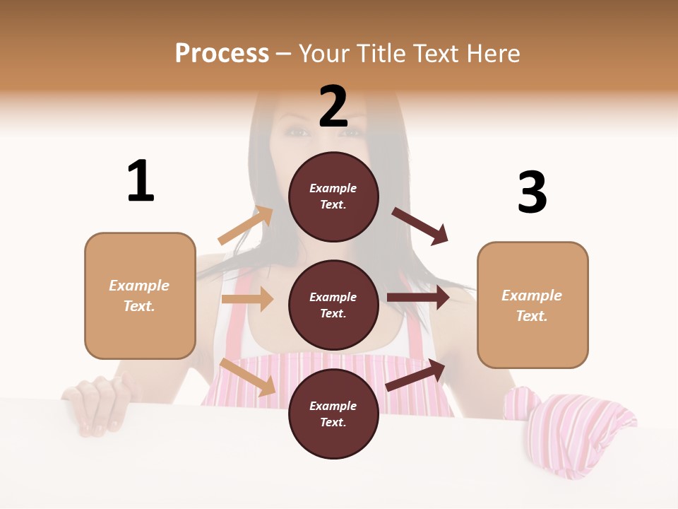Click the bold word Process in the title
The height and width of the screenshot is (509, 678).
pyautogui.click(x=222, y=53)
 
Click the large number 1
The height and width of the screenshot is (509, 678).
pyautogui.click(x=141, y=181)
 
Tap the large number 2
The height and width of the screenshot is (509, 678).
pyautogui.click(x=333, y=107)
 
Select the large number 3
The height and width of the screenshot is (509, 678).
pyautogui.click(x=532, y=193)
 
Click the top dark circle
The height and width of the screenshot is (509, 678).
pyautogui.click(x=333, y=197)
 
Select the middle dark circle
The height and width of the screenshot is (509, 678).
pyautogui.click(x=333, y=305)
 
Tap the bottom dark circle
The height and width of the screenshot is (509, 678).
pyautogui.click(x=333, y=414)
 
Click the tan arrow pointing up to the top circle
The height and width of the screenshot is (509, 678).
pyautogui.click(x=246, y=226)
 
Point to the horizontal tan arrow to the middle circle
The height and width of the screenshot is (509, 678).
pyautogui.click(x=247, y=299)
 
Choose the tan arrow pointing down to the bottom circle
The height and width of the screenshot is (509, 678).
pyautogui.click(x=247, y=377)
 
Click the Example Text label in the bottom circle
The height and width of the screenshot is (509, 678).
pyautogui.click(x=333, y=414)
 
